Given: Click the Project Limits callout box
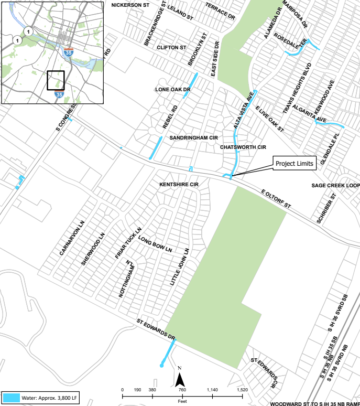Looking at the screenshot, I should coord(294,164).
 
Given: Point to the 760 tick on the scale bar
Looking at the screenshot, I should coord(182,390).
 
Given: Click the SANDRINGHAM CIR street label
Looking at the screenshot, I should coord(193,137).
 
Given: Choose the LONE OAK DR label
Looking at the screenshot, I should coord(172,90).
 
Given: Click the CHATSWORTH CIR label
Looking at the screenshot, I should coord(244,147).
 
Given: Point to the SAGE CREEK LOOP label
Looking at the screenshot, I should coord(335,186).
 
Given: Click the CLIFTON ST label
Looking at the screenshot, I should coord(171,47).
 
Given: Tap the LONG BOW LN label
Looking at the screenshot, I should coord(156,243).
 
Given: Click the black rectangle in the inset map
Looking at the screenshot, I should coord(55,81).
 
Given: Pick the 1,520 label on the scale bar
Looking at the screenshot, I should coord(242,390).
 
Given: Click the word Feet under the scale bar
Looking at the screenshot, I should coord(182,401).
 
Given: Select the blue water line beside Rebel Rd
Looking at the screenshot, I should coord(156,147).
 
